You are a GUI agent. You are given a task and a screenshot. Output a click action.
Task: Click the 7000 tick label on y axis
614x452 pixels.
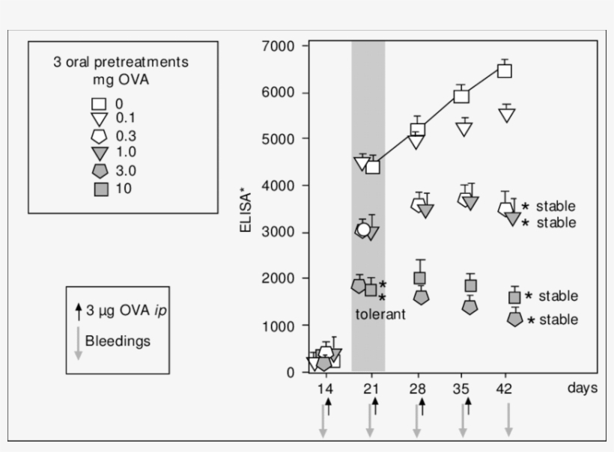[282, 46]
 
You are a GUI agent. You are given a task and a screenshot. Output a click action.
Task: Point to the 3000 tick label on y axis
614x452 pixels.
[282, 232]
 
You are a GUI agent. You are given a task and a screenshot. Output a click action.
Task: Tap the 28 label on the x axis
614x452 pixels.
[418, 389]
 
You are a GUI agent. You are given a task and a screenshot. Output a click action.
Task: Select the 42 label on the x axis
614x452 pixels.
[506, 389]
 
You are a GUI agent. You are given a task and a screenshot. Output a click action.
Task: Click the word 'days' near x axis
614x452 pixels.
[582, 388]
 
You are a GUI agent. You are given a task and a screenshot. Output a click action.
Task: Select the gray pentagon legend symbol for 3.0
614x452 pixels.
[100, 171]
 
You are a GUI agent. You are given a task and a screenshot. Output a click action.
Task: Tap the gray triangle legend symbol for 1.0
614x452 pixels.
[100, 154]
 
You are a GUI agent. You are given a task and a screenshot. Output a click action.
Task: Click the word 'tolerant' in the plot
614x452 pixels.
[380, 314]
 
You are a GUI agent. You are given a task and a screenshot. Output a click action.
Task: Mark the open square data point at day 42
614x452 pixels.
[505, 71]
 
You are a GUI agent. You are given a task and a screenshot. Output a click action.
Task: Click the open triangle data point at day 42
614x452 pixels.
[507, 115]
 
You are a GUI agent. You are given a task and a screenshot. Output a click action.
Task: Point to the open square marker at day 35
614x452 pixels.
[461, 96]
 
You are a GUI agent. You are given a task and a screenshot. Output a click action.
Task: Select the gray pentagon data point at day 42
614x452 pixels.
[514, 319]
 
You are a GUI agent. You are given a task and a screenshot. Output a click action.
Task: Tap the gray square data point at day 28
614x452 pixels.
[420, 278]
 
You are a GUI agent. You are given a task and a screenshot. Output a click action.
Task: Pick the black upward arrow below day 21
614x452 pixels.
[375, 406]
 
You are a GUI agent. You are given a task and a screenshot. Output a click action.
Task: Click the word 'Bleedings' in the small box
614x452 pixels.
[118, 341]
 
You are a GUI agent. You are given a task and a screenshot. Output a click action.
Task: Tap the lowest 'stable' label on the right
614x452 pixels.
[558, 320]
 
